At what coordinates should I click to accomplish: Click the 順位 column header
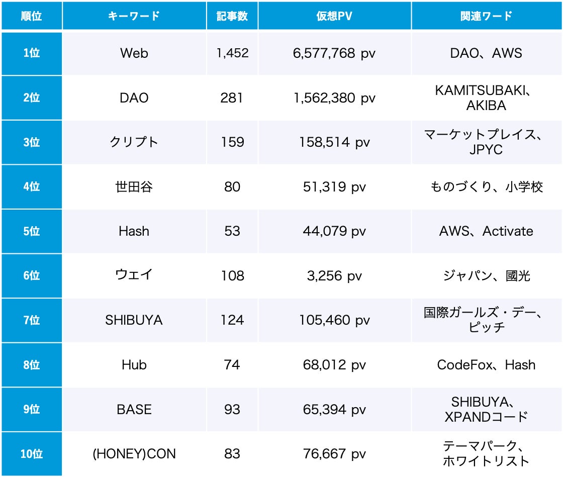coord(31,16)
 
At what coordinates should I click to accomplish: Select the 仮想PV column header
coord(334,16)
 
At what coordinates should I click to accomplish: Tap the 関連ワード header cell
coord(486,16)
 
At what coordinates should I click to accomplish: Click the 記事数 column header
coord(232,16)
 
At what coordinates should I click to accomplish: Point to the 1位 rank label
coord(31,53)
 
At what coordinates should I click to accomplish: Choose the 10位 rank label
coord(31,454)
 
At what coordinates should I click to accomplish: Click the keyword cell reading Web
coord(134,53)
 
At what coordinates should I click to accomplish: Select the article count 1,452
coord(232,53)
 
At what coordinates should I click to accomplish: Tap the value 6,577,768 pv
coord(334,53)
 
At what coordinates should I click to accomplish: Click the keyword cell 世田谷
coord(134,187)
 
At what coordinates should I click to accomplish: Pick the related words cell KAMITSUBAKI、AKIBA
coord(486,98)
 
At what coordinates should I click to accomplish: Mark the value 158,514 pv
coord(334,142)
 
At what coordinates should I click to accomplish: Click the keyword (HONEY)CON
coord(134,454)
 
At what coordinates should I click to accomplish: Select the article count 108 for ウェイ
coord(232,276)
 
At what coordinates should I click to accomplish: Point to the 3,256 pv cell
coord(334,276)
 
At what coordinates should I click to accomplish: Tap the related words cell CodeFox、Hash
coord(486,365)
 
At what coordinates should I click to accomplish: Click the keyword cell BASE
coord(134,410)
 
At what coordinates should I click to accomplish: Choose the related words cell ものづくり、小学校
coord(486,187)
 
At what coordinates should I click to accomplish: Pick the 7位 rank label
coord(31,320)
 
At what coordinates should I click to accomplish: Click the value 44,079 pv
coord(334,231)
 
